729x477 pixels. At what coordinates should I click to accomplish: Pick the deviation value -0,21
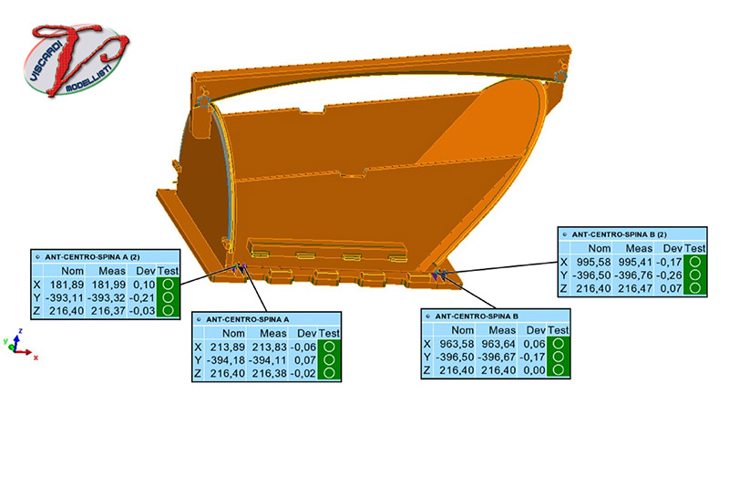coord(146,298)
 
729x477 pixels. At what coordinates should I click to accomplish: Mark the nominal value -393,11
coord(68,298)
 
